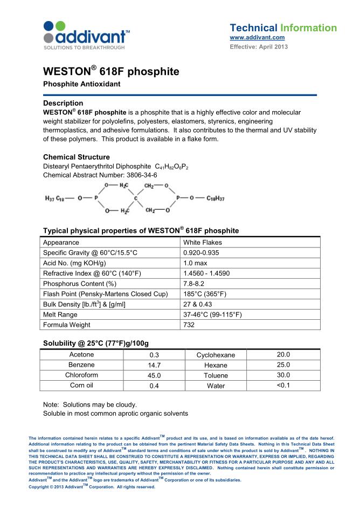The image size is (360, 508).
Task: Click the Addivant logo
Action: [86, 36]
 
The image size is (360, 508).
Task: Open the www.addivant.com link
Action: [257, 37]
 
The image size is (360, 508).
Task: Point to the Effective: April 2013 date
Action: [259, 46]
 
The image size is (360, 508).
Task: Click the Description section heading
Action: [63, 103]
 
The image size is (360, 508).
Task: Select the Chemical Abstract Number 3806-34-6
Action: [100, 175]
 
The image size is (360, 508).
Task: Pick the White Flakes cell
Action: [203, 243]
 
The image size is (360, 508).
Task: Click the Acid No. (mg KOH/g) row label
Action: [74, 263]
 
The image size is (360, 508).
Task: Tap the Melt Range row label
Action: [60, 314]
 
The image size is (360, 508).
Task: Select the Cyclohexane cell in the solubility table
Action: [216, 355]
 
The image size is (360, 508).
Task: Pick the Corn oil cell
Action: [81, 386]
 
